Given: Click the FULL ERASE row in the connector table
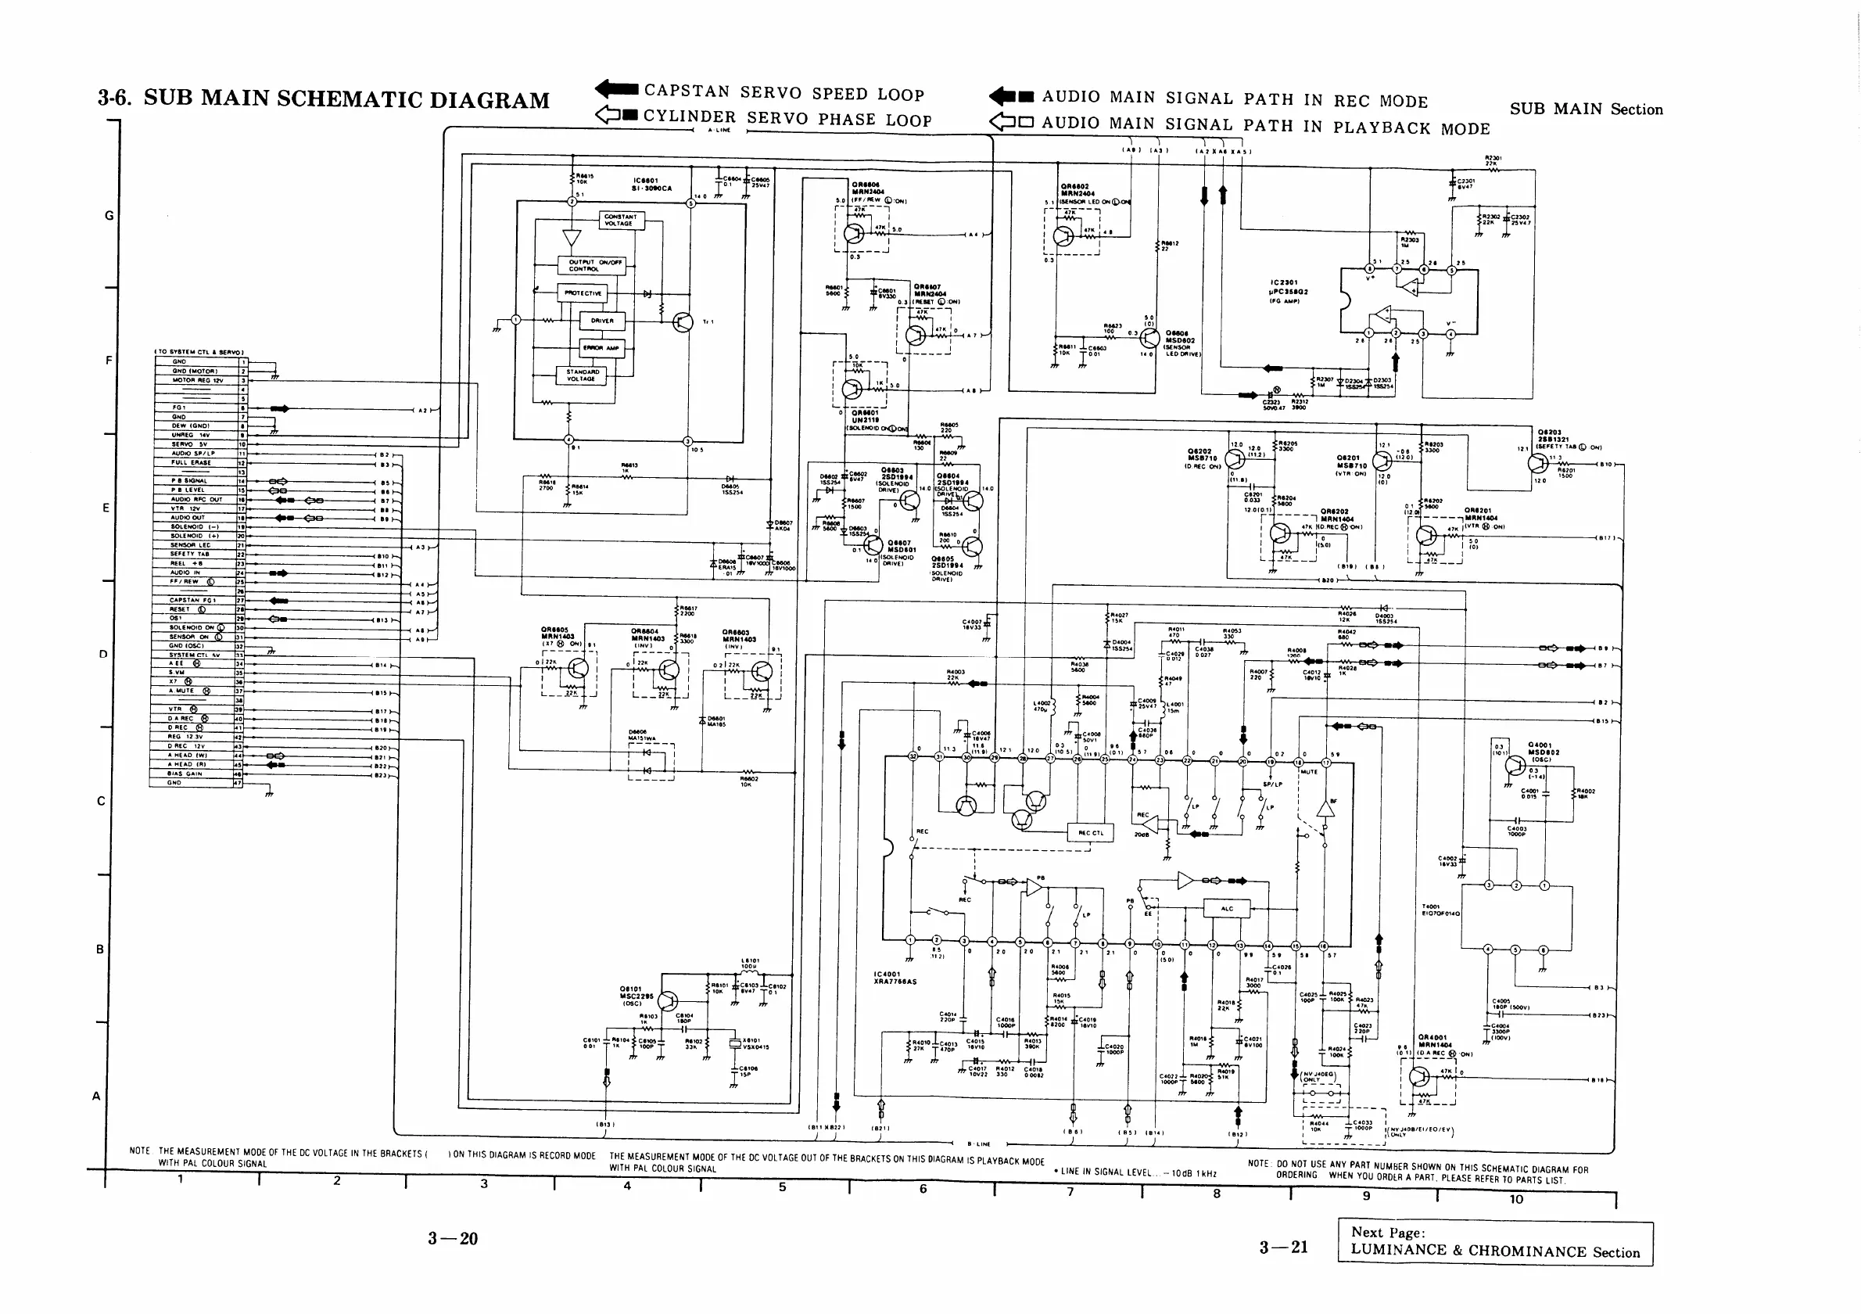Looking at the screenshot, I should tap(192, 463).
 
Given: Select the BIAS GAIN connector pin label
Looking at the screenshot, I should tap(185, 774).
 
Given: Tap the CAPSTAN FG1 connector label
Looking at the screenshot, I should tap(192, 601).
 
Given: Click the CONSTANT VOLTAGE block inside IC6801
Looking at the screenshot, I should tap(620, 220).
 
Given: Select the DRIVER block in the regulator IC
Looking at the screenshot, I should tap(602, 321).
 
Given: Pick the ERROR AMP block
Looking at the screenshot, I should tap(601, 348).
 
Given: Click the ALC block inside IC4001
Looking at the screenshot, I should tap(1226, 909).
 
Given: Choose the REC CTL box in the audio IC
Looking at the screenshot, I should tap(1091, 832).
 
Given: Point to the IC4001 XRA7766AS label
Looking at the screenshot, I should tap(895, 978).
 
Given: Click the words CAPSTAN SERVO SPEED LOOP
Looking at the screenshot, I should tap(783, 93).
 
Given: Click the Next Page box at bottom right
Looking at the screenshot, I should tap(1494, 1243).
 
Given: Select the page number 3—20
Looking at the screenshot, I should tap(453, 1239).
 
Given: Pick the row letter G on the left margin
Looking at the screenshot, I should tap(109, 216).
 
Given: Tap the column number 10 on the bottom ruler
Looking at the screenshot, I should tap(1515, 1200).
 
